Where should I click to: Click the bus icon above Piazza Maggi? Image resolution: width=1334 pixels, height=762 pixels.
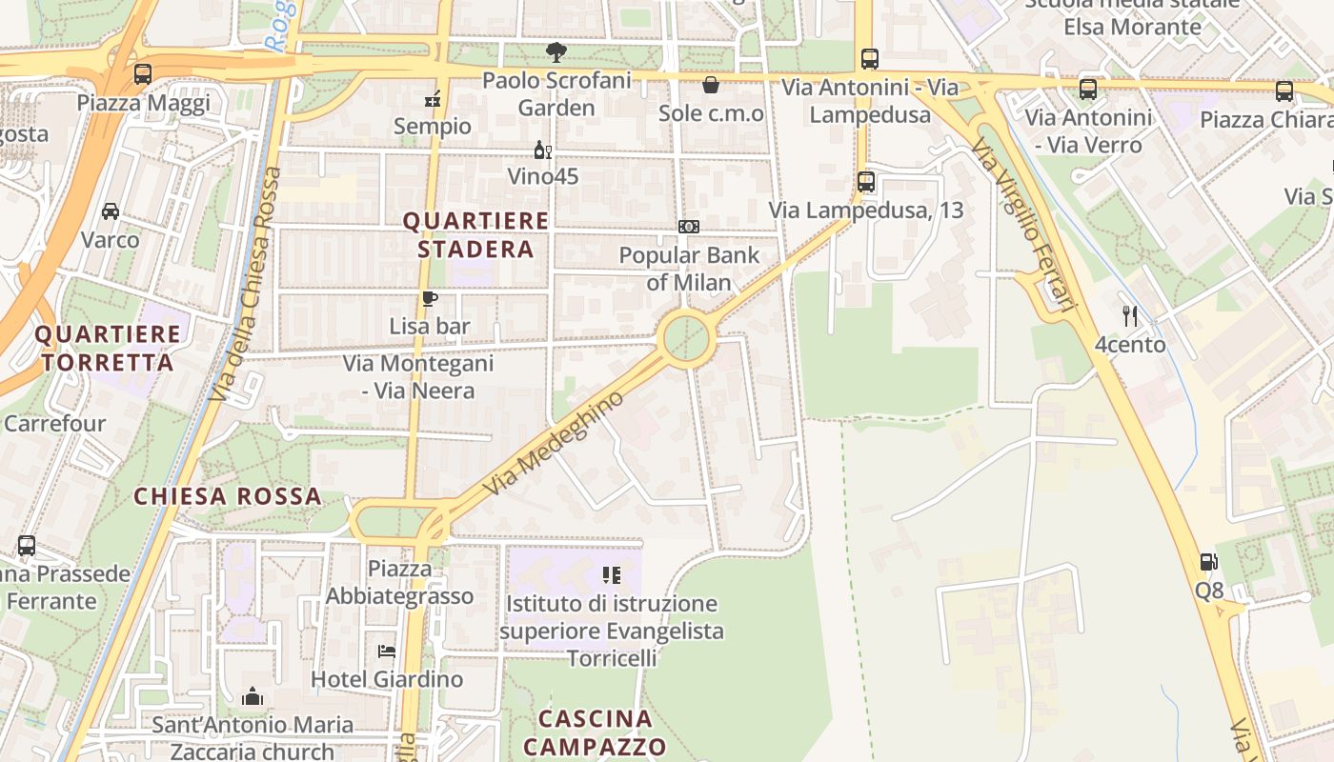(143, 73)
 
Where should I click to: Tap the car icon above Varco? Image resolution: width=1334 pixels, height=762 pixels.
(111, 211)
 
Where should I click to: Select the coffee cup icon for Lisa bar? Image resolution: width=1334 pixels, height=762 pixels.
(430, 298)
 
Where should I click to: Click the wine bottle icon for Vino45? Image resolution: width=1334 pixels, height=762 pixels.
(542, 150)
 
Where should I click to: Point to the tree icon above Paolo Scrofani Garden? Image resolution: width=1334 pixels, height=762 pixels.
(556, 52)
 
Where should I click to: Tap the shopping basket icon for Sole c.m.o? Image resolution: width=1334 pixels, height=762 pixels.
(711, 86)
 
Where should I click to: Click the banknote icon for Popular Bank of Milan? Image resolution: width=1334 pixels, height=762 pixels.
(689, 227)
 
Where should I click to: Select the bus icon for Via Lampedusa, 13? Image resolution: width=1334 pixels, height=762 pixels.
(865, 181)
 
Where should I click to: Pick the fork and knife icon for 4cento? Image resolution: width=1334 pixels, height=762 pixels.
(1130, 315)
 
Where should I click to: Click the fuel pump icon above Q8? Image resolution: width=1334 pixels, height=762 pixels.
(1208, 562)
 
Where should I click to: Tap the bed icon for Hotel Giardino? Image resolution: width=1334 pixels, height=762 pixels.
(387, 652)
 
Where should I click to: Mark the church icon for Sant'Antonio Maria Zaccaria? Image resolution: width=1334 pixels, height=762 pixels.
(253, 696)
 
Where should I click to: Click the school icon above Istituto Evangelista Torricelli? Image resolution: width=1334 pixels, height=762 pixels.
(611, 575)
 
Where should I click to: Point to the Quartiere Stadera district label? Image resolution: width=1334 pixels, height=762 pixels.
(475, 235)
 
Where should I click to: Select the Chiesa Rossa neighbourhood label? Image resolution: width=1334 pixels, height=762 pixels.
(228, 496)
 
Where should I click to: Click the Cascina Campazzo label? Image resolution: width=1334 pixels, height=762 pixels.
(596, 732)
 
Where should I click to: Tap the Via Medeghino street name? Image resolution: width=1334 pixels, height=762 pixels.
(553, 443)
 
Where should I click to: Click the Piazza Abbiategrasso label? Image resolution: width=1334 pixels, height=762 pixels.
(400, 582)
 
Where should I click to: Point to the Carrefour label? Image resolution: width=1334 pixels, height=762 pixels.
(55, 423)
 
